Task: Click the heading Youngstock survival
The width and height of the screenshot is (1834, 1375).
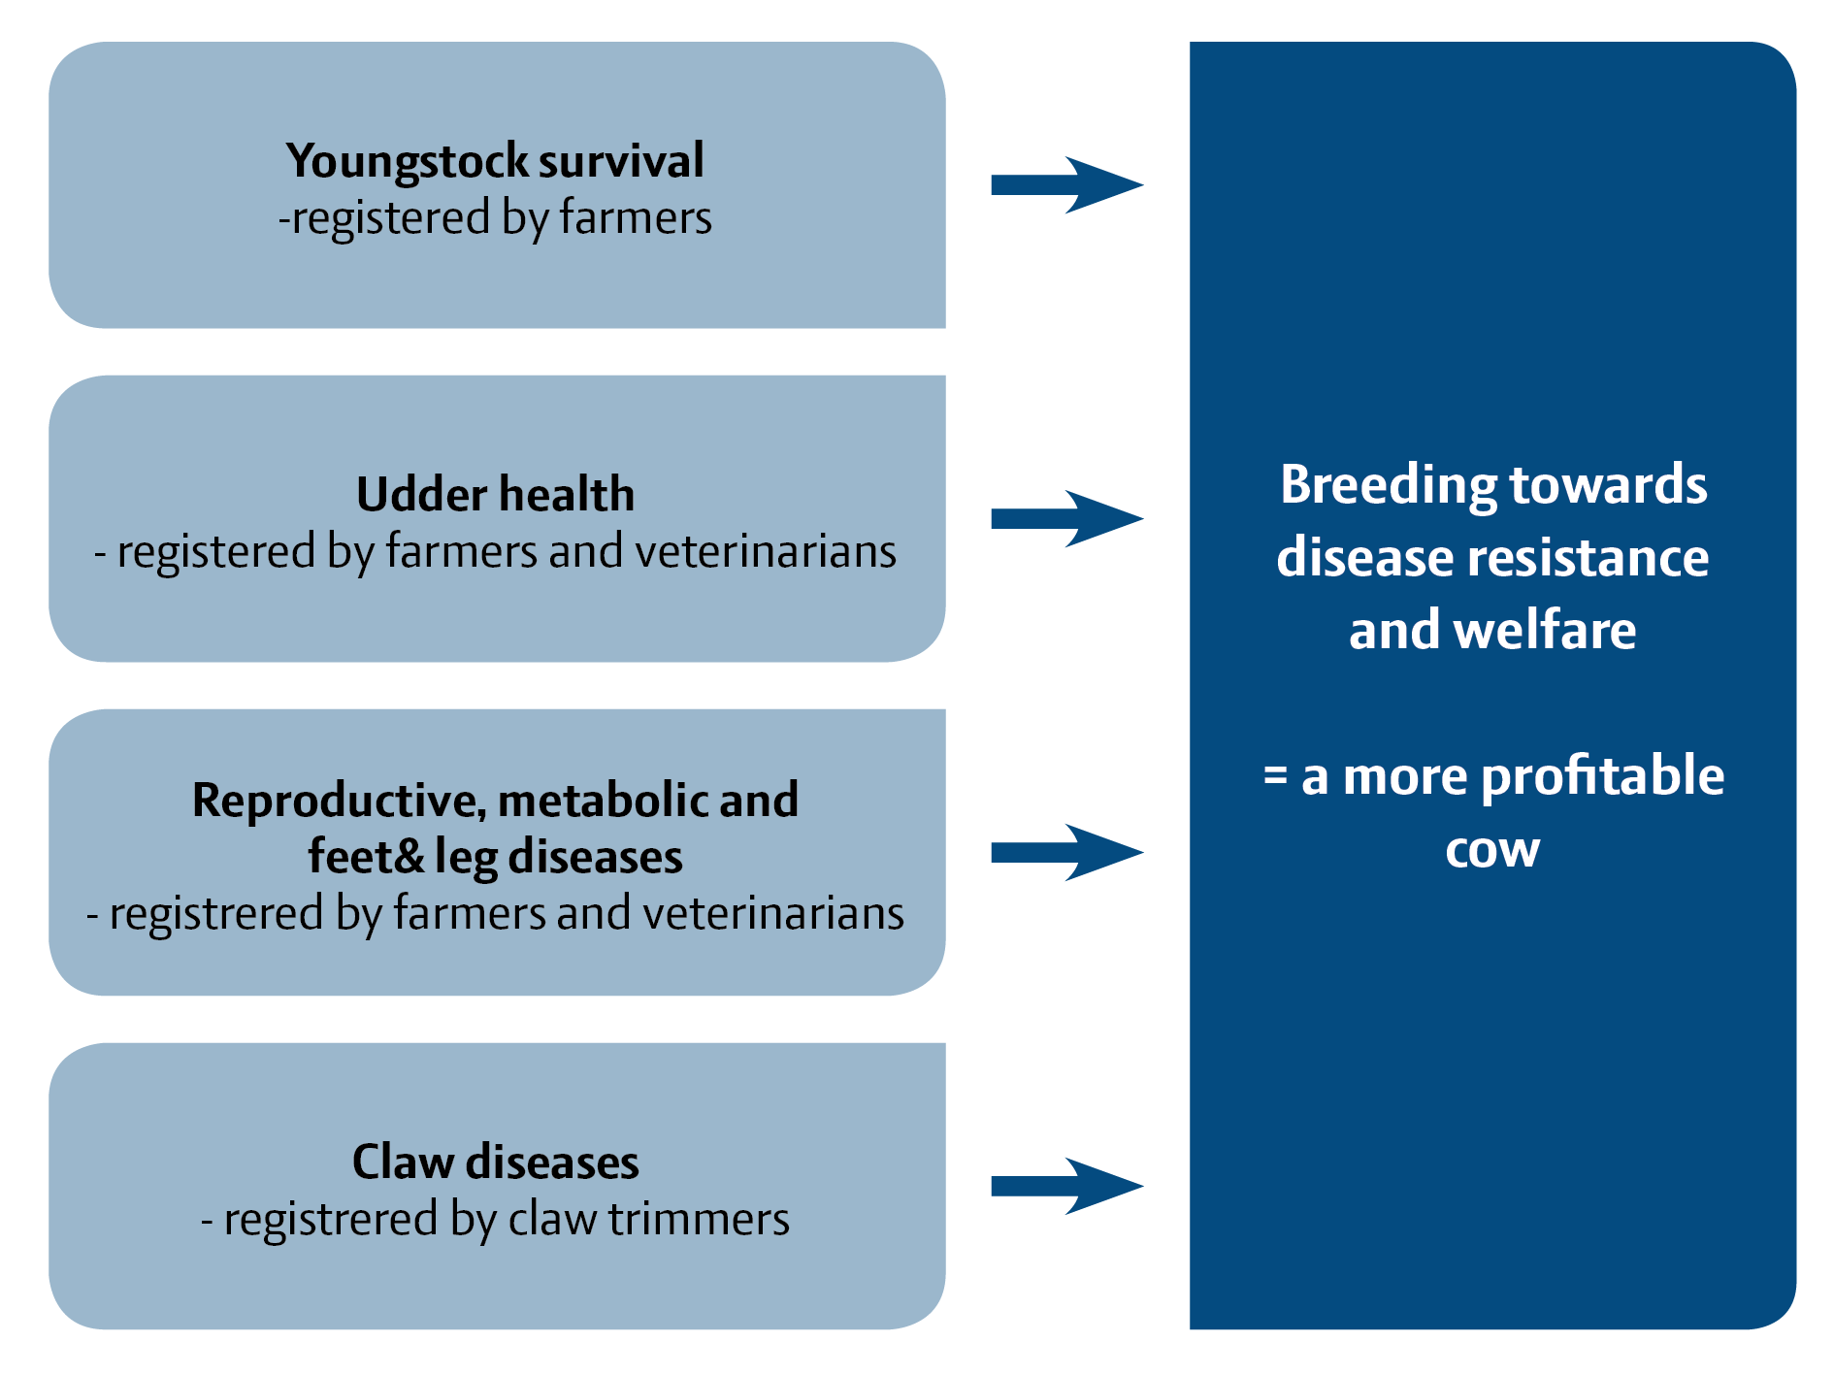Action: tap(495, 161)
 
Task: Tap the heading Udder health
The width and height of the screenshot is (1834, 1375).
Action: tap(495, 494)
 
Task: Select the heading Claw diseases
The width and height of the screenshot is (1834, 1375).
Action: tap(495, 1162)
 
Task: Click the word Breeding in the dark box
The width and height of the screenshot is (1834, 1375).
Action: tap(1389, 486)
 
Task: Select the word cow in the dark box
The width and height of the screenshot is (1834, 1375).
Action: tap(1492, 850)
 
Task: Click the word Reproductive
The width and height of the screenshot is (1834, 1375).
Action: tap(339, 802)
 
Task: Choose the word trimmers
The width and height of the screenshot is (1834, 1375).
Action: tap(699, 1219)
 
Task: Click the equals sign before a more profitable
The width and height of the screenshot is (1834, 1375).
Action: tap(1275, 776)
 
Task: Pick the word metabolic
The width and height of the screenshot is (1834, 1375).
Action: tap(603, 801)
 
